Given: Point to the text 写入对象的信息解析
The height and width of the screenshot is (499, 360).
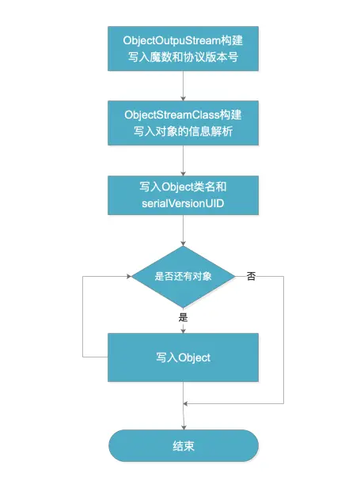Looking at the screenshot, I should (x=184, y=130).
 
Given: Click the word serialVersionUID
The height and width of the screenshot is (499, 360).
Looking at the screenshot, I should (x=184, y=205).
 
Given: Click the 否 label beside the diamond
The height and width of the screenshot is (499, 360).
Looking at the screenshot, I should (x=251, y=277).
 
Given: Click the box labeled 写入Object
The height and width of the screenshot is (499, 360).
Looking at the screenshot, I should (x=184, y=357).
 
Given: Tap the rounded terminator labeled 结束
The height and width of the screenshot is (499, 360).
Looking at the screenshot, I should (x=184, y=446).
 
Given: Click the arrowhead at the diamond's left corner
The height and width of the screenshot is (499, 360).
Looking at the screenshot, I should (x=127, y=277).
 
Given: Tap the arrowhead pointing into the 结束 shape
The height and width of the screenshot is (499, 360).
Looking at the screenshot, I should (x=184, y=425).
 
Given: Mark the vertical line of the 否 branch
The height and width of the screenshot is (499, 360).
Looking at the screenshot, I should (x=283, y=340).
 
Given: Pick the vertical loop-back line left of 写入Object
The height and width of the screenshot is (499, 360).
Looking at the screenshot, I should (x=83, y=316).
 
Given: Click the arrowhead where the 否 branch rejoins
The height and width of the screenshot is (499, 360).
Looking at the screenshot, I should (x=188, y=405).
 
